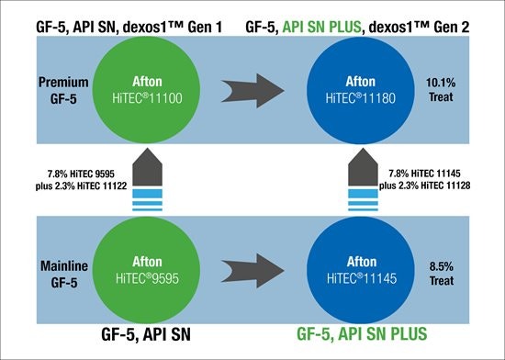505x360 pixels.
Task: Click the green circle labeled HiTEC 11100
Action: pyautogui.click(x=147, y=90)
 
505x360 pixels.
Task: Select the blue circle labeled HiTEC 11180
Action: pyautogui.click(x=361, y=90)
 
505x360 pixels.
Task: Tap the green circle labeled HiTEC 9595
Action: pyautogui.click(x=147, y=270)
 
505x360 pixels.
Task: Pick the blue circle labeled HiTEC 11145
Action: pyautogui.click(x=361, y=270)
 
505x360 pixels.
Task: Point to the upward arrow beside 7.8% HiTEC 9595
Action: pyautogui.click(x=147, y=179)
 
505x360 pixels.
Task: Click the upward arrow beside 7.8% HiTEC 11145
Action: pyautogui.click(x=363, y=179)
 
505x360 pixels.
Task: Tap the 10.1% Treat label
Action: pyautogui.click(x=441, y=90)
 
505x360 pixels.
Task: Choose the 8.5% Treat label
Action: pyautogui.click(x=442, y=274)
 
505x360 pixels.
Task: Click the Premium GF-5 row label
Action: pyautogui.click(x=63, y=91)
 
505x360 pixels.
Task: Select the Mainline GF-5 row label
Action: pyautogui.click(x=64, y=274)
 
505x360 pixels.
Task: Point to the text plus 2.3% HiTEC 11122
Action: pyautogui.click(x=81, y=186)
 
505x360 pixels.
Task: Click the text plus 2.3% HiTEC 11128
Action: pyautogui.click(x=424, y=186)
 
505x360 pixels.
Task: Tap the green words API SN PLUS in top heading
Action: pyautogui.click(x=321, y=27)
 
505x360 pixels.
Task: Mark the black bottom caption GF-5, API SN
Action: pyautogui.click(x=146, y=334)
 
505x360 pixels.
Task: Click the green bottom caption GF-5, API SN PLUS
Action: pyautogui.click(x=362, y=333)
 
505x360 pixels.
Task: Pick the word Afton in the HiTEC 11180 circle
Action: pyautogui.click(x=361, y=82)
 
